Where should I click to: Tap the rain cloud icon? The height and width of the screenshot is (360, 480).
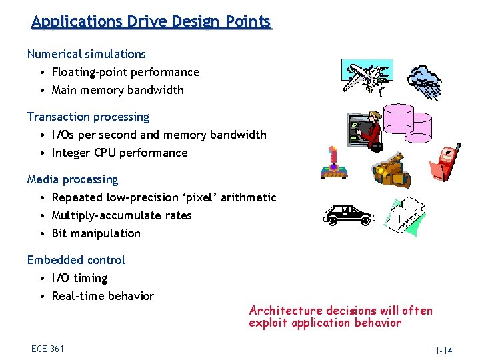click(x=425, y=82)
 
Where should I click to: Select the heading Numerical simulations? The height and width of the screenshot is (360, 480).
click(x=86, y=54)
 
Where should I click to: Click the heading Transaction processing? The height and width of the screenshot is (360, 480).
click(x=88, y=117)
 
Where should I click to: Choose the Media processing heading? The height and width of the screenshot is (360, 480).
click(x=72, y=179)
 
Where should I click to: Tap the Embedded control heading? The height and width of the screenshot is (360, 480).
click(x=76, y=260)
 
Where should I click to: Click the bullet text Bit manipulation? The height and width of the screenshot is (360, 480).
click(x=96, y=233)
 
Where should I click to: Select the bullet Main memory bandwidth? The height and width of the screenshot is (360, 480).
click(x=117, y=90)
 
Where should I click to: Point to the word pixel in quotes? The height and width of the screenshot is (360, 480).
click(x=206, y=197)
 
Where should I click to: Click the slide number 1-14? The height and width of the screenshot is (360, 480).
click(x=443, y=351)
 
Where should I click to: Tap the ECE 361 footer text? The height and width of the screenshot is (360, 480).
click(x=47, y=349)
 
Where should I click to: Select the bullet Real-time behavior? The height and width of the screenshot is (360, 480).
click(x=103, y=296)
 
